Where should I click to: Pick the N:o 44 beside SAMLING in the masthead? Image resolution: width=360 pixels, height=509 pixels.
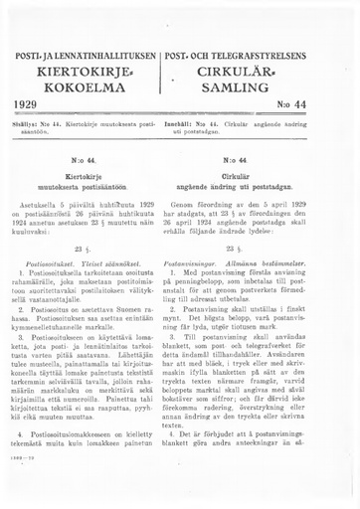(x=320, y=104)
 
